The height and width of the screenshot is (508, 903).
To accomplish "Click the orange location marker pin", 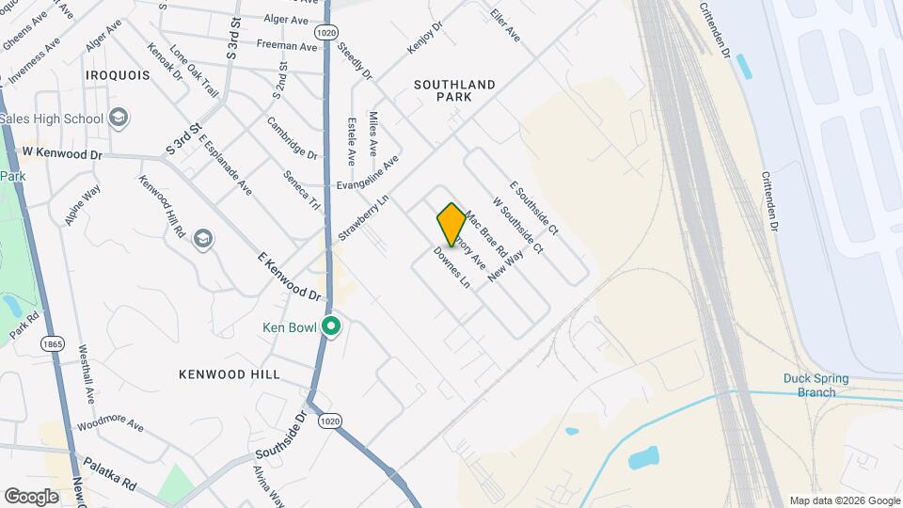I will coord(451,224).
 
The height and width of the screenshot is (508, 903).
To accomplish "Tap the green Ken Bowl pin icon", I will coord(331,326).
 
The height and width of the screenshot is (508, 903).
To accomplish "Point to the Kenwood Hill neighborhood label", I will coord(230,373).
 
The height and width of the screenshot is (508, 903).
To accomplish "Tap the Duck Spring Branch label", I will coord(816,386).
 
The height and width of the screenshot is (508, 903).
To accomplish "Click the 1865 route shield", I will coord(52,345).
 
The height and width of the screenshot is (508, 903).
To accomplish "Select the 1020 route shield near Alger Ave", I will coord(325,32).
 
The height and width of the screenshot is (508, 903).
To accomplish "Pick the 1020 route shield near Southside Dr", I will coord(328,421).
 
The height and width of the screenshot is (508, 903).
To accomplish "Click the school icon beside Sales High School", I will coord(119,119).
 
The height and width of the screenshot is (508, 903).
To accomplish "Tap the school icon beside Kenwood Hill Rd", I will coord(202,240).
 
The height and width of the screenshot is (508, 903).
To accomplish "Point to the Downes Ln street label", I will coord(451,267).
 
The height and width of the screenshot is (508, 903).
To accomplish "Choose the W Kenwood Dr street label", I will coord(62,152).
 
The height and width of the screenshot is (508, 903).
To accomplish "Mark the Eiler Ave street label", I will coord(505,25).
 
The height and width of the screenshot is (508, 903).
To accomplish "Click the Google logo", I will coord(31,496).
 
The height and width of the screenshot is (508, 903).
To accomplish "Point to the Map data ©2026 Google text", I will coord(844,500).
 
